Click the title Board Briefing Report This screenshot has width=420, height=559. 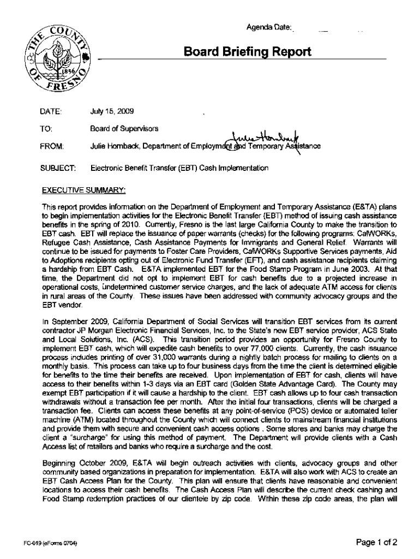tap(248, 52)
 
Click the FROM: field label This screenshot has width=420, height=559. tap(41, 146)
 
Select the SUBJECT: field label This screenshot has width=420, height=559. tap(45, 169)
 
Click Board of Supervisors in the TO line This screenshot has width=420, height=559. tap(124, 129)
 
